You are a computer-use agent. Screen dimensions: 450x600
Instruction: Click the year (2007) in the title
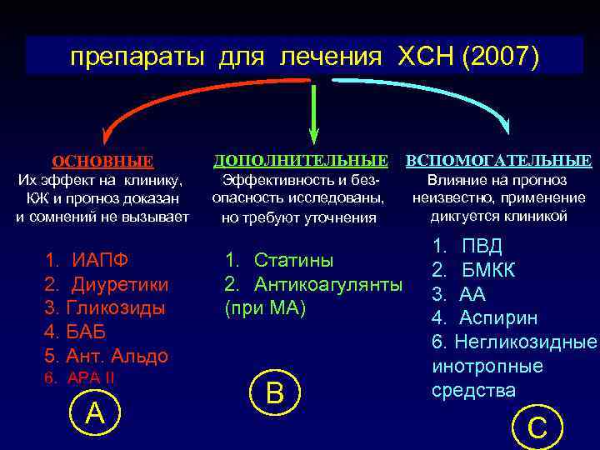(x=499, y=57)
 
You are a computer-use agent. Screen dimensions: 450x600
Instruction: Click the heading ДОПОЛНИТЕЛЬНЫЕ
(x=301, y=159)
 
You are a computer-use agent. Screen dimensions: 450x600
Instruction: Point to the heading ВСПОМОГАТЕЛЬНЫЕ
(x=498, y=160)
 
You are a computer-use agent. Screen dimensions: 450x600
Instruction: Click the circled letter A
(x=96, y=412)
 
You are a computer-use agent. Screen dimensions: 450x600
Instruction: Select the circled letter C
(x=537, y=427)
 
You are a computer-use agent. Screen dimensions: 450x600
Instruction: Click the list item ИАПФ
(x=100, y=259)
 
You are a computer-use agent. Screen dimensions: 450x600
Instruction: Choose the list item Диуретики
(x=120, y=284)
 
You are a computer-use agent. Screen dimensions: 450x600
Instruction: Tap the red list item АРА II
(x=91, y=377)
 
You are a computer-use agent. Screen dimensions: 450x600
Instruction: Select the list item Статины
(x=293, y=260)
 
